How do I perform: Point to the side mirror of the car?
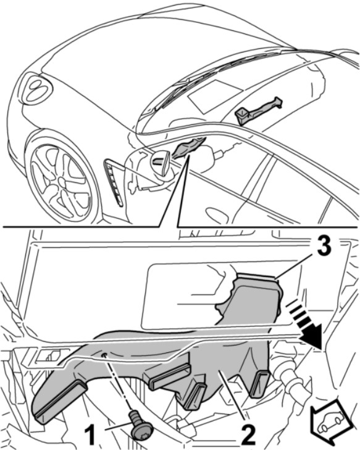tap(160, 163)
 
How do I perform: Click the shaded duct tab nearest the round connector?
tap(260, 385)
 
